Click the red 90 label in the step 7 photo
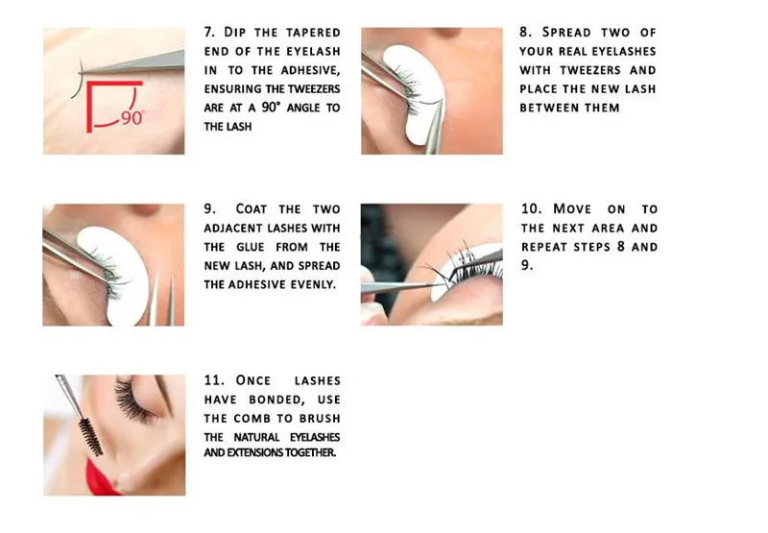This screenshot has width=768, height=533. coord(132,118)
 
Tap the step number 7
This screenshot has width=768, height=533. coord(209,33)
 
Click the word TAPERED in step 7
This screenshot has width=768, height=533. coord(313,33)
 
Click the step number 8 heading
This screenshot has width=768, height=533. coord(525,33)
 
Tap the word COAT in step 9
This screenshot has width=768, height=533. coord(251,209)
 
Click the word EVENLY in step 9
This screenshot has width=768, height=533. coord(314,284)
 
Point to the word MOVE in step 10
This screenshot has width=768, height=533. coord(572,209)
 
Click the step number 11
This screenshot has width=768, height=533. coord(214,380)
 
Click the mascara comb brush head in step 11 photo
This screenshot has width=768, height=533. coord(90,437)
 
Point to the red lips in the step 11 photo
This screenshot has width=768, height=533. coord(100,476)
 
